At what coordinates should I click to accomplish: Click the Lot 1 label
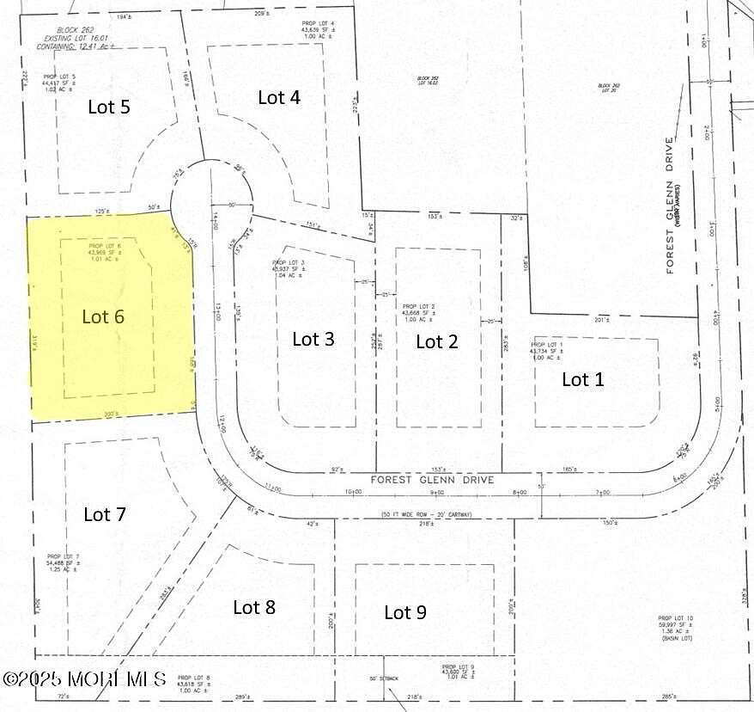[582, 379]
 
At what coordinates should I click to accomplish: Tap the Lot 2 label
[436, 341]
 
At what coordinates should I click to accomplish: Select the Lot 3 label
[313, 339]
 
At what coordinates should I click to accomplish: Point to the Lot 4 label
[279, 97]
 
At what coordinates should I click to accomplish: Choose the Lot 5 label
[109, 107]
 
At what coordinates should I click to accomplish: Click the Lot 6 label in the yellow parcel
[103, 316]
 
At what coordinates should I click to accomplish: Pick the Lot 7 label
[105, 514]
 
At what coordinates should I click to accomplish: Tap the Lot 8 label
[254, 607]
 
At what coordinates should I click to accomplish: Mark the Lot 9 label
[404, 612]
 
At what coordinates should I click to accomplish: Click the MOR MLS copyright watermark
[84, 678]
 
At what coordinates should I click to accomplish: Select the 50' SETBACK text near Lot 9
[386, 679]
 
